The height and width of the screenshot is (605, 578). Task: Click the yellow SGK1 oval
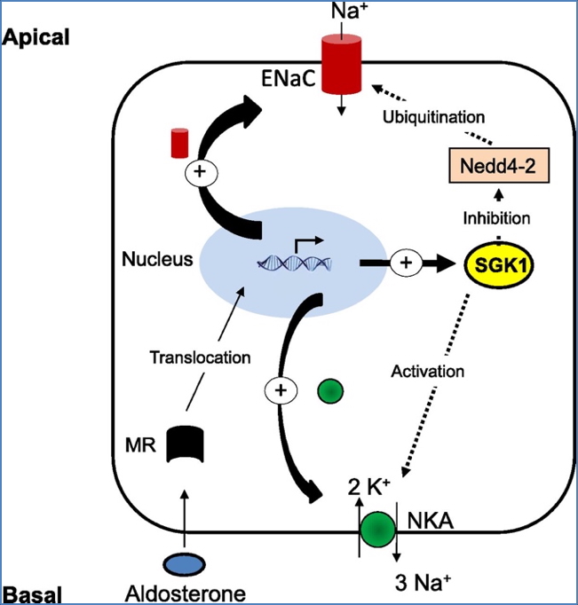tap(497, 265)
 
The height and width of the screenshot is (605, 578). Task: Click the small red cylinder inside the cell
tap(181, 141)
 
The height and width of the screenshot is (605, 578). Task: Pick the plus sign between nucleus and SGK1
tap(407, 263)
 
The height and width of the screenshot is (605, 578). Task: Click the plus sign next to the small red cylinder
tap(200, 173)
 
